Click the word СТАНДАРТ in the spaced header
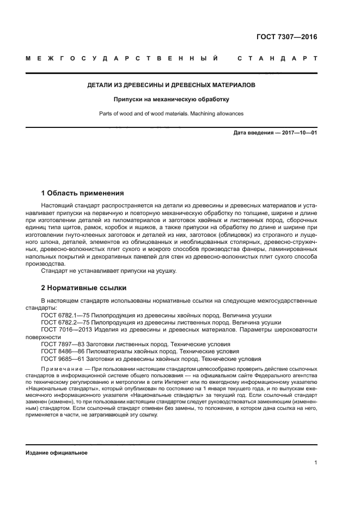277,58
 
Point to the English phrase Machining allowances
211,114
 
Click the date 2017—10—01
298,133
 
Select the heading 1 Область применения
82,193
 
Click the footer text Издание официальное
57,452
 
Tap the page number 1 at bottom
315,463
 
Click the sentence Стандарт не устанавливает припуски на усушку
108,271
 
